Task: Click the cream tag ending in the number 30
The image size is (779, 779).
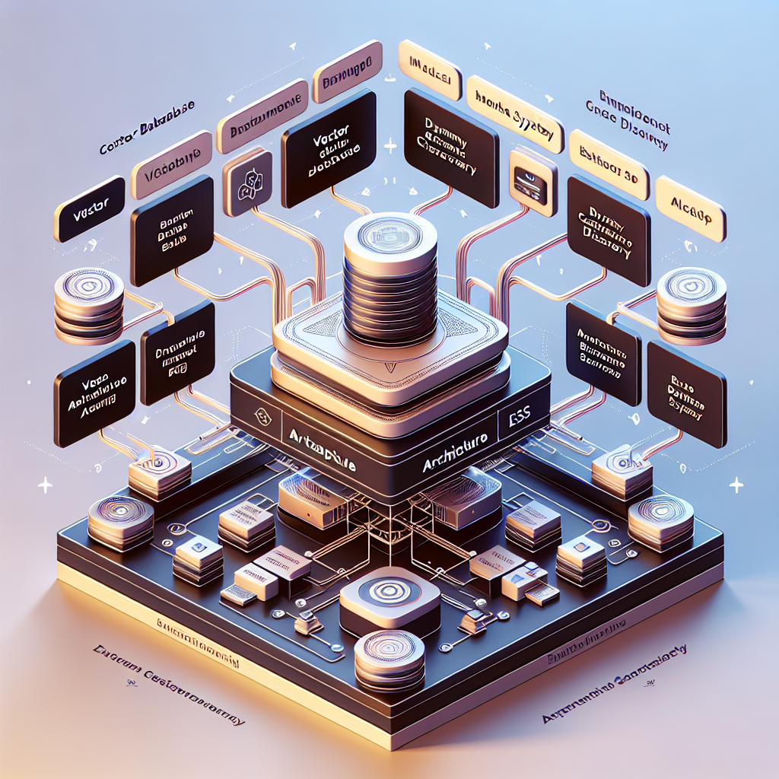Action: [609, 171]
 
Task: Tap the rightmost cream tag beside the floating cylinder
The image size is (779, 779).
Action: [690, 208]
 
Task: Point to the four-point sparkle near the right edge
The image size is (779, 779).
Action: [735, 484]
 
